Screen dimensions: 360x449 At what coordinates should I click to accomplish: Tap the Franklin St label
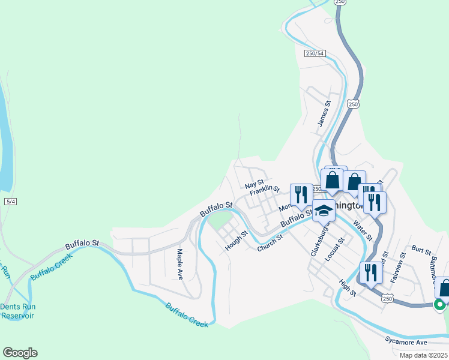tap(265, 190)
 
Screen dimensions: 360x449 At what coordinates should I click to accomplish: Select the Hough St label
tap(236, 240)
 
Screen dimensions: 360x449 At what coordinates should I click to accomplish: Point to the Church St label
tap(270, 242)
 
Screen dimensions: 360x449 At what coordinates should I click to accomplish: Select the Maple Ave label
tap(179, 264)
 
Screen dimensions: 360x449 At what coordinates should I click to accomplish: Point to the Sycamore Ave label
tap(406, 342)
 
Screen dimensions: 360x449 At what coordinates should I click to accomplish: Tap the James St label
tap(324, 113)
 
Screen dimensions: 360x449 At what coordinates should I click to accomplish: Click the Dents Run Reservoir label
tap(17, 311)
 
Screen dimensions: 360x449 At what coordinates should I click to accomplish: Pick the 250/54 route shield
tap(315, 53)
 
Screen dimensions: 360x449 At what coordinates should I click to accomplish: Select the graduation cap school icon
tap(324, 211)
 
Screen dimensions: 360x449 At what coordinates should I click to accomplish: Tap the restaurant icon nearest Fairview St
tap(371, 273)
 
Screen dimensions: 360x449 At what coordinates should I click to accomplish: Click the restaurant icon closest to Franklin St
tap(301, 194)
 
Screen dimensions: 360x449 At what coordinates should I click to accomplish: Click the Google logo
tap(20, 353)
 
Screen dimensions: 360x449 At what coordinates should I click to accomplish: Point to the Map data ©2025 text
tap(424, 355)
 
